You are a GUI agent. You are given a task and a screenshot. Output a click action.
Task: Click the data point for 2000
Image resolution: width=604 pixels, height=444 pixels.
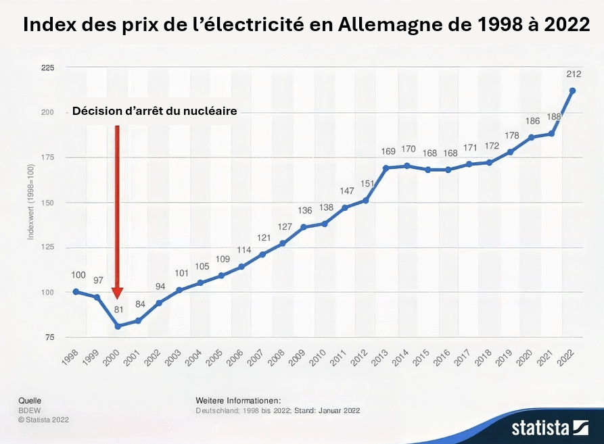coord(118,326)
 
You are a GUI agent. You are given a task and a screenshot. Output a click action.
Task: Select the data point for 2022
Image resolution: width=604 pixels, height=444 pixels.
coord(572,91)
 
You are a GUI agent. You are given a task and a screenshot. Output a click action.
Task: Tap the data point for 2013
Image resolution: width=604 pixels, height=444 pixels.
coord(386,168)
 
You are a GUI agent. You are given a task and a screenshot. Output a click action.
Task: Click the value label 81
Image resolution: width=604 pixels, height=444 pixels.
coord(118,310)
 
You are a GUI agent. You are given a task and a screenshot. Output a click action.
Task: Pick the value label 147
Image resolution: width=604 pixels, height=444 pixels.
coord(345,191)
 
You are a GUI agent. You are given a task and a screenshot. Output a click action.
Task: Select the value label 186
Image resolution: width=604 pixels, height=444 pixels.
coord(531,122)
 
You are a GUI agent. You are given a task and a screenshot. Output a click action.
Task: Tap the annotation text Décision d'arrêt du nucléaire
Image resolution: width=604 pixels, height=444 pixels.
coord(155,112)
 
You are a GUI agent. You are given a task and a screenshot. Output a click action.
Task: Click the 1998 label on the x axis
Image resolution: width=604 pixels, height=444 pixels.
coord(69,358)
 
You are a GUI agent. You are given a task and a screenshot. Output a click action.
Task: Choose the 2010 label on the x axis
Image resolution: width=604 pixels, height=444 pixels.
coord(317,358)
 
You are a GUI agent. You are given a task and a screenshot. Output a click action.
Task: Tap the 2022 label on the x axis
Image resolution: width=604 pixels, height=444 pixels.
coord(565,358)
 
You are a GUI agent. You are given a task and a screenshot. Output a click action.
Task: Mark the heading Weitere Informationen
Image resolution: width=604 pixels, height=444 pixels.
coord(238,401)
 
